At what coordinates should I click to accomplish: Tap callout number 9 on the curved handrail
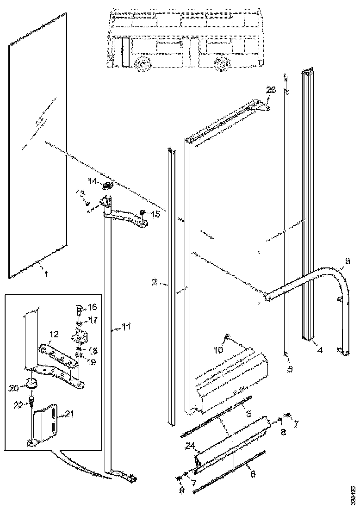point(341,267)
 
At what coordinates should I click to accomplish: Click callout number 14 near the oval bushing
point(93,182)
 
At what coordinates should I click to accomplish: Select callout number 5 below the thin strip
point(289,369)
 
